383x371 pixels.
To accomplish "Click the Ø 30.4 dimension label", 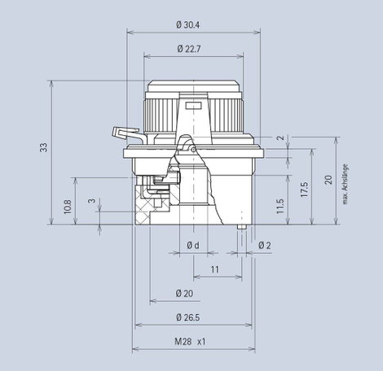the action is click(187, 25).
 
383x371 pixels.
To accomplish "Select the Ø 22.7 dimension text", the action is click(189, 49).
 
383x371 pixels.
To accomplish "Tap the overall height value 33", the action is click(43, 147).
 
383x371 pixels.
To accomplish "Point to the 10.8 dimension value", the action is click(68, 207).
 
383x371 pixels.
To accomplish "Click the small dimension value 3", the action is click(92, 201).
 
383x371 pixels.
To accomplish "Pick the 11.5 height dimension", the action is click(280, 206).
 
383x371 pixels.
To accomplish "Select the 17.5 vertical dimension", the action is click(304, 190).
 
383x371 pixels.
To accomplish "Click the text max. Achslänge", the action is click(345, 184).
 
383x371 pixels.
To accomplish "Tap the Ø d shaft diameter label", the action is click(193, 246).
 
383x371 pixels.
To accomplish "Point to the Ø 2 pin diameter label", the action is click(265, 246).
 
